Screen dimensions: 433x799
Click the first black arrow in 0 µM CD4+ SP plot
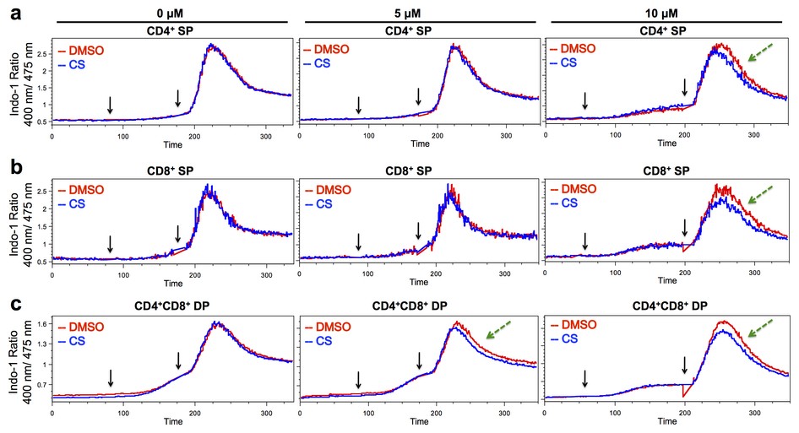pos(110,104)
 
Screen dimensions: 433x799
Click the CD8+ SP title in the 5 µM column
pos(420,171)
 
